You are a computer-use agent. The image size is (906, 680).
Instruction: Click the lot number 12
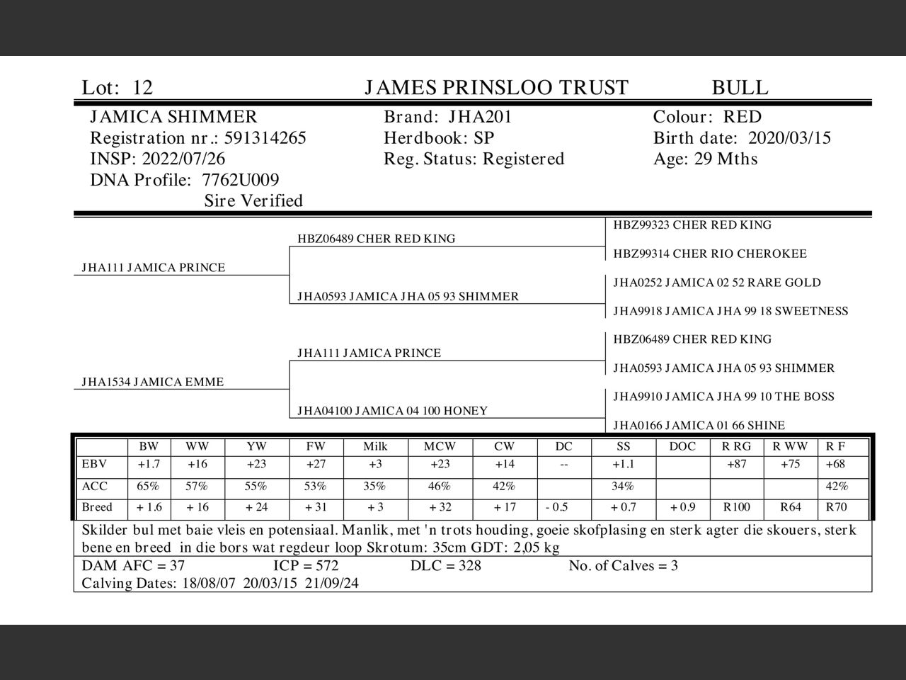pyautogui.click(x=142, y=88)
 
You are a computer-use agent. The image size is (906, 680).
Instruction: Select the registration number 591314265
pyautogui.click(x=265, y=138)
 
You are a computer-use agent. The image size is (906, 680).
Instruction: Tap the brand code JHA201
pyautogui.click(x=479, y=117)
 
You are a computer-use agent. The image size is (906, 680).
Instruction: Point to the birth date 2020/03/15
pyautogui.click(x=789, y=138)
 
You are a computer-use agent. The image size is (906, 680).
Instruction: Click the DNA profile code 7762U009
pyautogui.click(x=240, y=180)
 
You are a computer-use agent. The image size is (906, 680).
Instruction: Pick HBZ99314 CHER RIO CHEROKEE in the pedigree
pyautogui.click(x=709, y=254)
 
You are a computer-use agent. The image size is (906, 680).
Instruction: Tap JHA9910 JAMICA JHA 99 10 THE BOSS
pyautogui.click(x=723, y=397)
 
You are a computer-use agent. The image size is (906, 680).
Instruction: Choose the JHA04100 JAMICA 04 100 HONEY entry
pyautogui.click(x=392, y=411)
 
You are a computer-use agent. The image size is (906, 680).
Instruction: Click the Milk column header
pyautogui.click(x=375, y=446)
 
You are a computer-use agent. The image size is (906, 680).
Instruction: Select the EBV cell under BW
pyautogui.click(x=149, y=465)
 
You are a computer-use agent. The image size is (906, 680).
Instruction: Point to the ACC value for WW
pyautogui.click(x=197, y=487)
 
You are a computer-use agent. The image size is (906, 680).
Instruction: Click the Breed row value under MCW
pyautogui.click(x=440, y=507)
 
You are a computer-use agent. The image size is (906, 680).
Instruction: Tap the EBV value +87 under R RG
pyautogui.click(x=737, y=465)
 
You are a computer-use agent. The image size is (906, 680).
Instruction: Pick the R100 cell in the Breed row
pyautogui.click(x=736, y=507)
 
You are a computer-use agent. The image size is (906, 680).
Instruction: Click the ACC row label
pyautogui.click(x=94, y=487)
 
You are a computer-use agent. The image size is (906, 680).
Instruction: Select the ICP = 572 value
pyautogui.click(x=306, y=566)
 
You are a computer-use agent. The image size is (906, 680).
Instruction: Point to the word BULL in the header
pyautogui.click(x=740, y=88)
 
